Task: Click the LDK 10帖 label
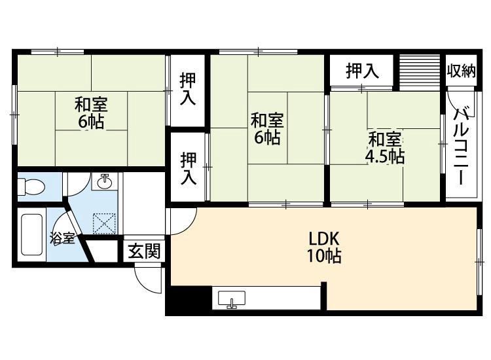point(323,247)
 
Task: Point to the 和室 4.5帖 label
point(384,148)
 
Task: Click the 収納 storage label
point(461,71)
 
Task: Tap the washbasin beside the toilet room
point(105,181)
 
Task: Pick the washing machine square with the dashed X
point(104,223)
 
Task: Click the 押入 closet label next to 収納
point(362,71)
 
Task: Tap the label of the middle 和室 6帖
point(267,129)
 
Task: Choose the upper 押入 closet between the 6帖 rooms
point(188,89)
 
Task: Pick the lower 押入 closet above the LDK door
point(188,167)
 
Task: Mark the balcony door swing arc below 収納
point(454,105)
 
